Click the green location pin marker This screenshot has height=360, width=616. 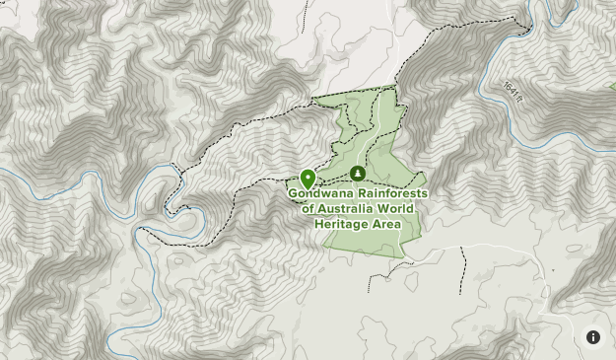pos(308,179)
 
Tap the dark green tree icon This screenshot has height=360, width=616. pos(358,175)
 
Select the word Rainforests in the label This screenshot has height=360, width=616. pos(392,193)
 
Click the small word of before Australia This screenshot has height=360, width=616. pos(308,209)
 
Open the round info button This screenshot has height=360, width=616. pos(593,337)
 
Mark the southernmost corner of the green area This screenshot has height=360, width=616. pos(402,257)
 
